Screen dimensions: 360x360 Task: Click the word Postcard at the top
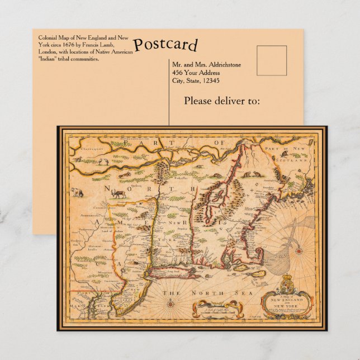[165, 44]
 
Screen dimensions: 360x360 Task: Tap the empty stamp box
[272, 60]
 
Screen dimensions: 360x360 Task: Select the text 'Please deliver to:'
[222, 101]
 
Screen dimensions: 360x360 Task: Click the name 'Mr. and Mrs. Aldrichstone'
[207, 64]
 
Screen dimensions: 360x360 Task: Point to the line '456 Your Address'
[196, 72]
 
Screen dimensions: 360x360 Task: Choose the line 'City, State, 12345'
[196, 80]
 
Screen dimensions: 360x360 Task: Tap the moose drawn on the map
[119, 194]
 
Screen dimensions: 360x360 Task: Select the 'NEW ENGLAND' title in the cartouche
[286, 300]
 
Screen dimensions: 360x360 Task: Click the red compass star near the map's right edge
[299, 249]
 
